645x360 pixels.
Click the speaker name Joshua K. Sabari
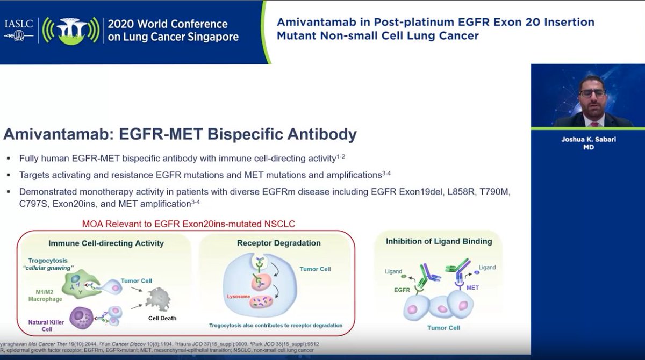(x=588, y=140)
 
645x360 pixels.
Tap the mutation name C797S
(x=34, y=204)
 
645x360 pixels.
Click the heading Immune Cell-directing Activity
(x=106, y=243)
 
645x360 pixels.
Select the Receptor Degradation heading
(x=278, y=243)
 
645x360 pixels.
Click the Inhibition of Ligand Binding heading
(x=439, y=241)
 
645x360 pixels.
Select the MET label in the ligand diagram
(x=472, y=287)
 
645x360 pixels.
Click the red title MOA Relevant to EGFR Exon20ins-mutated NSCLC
(x=188, y=223)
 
